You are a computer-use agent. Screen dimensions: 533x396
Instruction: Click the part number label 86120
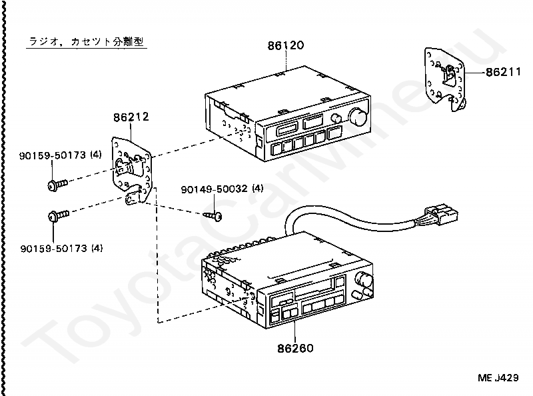(286, 45)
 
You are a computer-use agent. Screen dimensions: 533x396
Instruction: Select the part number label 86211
(503, 72)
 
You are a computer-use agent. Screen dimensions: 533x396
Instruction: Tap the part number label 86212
(131, 117)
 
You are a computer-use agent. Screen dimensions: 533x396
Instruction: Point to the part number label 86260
(295, 348)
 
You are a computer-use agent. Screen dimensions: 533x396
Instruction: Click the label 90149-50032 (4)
(222, 189)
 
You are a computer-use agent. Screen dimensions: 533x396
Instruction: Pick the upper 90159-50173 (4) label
(61, 155)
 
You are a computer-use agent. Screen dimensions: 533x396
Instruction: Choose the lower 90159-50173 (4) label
(61, 249)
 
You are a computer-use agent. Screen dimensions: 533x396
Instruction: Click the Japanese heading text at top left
(87, 41)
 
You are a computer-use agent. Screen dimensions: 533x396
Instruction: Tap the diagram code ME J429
(498, 377)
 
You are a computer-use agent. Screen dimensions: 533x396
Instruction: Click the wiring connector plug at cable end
(440, 215)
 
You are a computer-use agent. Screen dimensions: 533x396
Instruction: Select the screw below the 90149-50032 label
(213, 216)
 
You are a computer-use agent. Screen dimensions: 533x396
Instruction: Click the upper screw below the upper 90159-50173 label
(58, 185)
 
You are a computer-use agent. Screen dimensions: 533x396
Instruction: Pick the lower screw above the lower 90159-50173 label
(59, 215)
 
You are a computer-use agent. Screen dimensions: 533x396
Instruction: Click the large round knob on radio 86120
(358, 117)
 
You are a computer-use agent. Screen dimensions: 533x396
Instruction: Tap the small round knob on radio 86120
(336, 119)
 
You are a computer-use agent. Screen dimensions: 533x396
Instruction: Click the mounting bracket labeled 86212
(132, 170)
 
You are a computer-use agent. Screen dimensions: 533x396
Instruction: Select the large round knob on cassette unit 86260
(364, 279)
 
